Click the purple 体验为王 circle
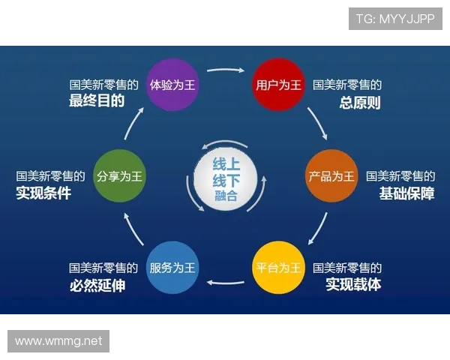pyautogui.click(x=172, y=84)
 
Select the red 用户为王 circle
pyautogui.click(x=277, y=84)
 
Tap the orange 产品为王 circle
pyautogui.click(x=331, y=176)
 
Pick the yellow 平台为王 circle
pyautogui.click(x=277, y=268)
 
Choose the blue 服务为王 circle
pyautogui.click(x=172, y=268)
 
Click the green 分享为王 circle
pyautogui.click(x=119, y=176)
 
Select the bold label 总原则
pyautogui.click(x=360, y=102)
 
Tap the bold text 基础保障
pyautogui.click(x=406, y=193)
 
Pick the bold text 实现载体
pyautogui.click(x=353, y=285)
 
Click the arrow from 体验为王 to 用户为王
pyautogui.click(x=225, y=72)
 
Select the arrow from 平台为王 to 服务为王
pyautogui.click(x=225, y=282)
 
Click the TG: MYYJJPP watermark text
pyautogui.click(x=394, y=19)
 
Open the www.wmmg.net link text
pyautogui.click(x=58, y=341)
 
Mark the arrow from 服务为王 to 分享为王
pyautogui.click(x=133, y=229)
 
